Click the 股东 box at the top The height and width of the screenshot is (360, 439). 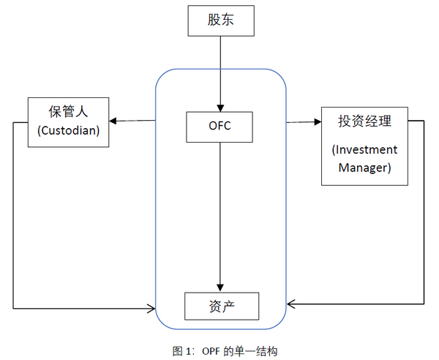pyautogui.click(x=220, y=20)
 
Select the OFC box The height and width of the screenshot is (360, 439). pyautogui.click(x=219, y=127)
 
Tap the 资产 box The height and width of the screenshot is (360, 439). pyautogui.click(x=221, y=306)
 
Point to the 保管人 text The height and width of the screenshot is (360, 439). pyautogui.click(x=68, y=113)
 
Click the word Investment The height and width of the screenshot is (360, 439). pyautogui.click(x=364, y=150)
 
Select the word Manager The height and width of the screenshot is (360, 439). pyautogui.click(x=364, y=168)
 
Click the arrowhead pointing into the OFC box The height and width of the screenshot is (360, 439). pyautogui.click(x=219, y=108)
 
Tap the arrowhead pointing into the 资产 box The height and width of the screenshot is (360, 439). pyautogui.click(x=220, y=288)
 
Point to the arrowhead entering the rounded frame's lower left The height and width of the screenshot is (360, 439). pyautogui.click(x=151, y=308)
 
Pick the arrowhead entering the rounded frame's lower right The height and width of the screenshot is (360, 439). pyautogui.click(x=291, y=302)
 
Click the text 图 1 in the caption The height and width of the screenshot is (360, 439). pyautogui.click(x=181, y=350)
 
